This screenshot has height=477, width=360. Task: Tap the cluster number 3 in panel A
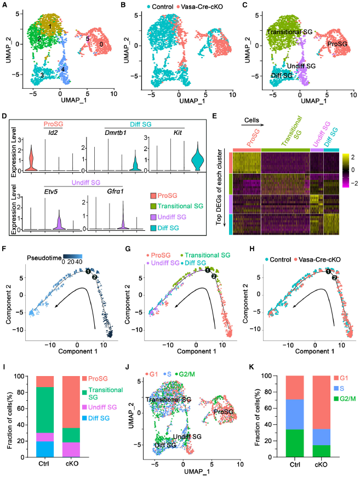pyautogui.click(x=42, y=74)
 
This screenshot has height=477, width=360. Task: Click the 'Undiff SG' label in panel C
pyautogui.click(x=302, y=66)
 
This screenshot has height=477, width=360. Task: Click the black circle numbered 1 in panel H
pyautogui.click(x=328, y=271)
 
